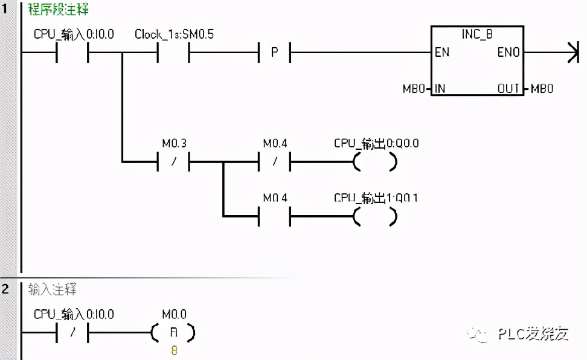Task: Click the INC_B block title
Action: click(x=477, y=34)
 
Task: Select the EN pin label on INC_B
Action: click(x=443, y=53)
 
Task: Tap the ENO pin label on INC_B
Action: click(x=508, y=53)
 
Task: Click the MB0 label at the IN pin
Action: click(x=415, y=89)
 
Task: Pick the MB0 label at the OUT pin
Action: click(x=542, y=89)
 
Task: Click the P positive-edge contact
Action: click(x=274, y=53)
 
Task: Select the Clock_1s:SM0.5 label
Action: click(x=174, y=34)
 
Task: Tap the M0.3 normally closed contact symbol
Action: click(x=173, y=162)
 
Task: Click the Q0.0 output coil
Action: click(x=375, y=162)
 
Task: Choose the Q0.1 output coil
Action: click(x=375, y=216)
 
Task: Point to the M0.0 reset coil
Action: click(x=173, y=333)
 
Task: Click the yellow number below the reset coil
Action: click(x=174, y=350)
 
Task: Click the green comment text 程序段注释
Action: click(x=57, y=10)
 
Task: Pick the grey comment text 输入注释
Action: click(x=53, y=289)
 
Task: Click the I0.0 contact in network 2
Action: click(x=72, y=333)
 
